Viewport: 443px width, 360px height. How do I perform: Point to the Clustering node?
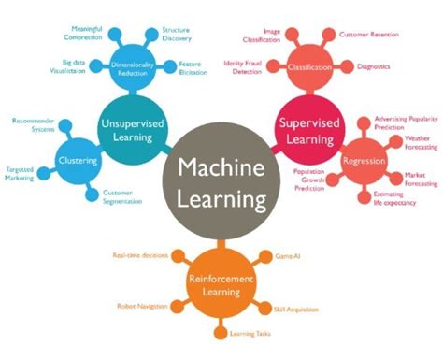79,160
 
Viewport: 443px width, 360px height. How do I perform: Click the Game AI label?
287,255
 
